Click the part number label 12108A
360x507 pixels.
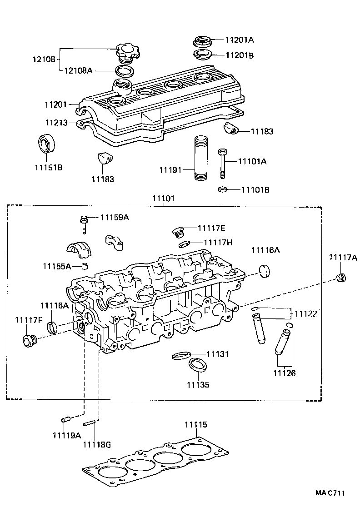click(78, 70)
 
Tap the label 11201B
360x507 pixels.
click(239, 55)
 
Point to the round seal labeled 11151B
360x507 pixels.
click(45, 143)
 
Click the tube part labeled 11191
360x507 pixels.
click(200, 157)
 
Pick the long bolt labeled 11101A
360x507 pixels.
click(222, 164)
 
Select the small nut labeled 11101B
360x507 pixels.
click(223, 189)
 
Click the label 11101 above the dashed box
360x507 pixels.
click(164, 199)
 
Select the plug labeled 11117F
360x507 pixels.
click(30, 339)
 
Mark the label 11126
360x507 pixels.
click(284, 373)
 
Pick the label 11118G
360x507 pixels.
click(96, 444)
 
